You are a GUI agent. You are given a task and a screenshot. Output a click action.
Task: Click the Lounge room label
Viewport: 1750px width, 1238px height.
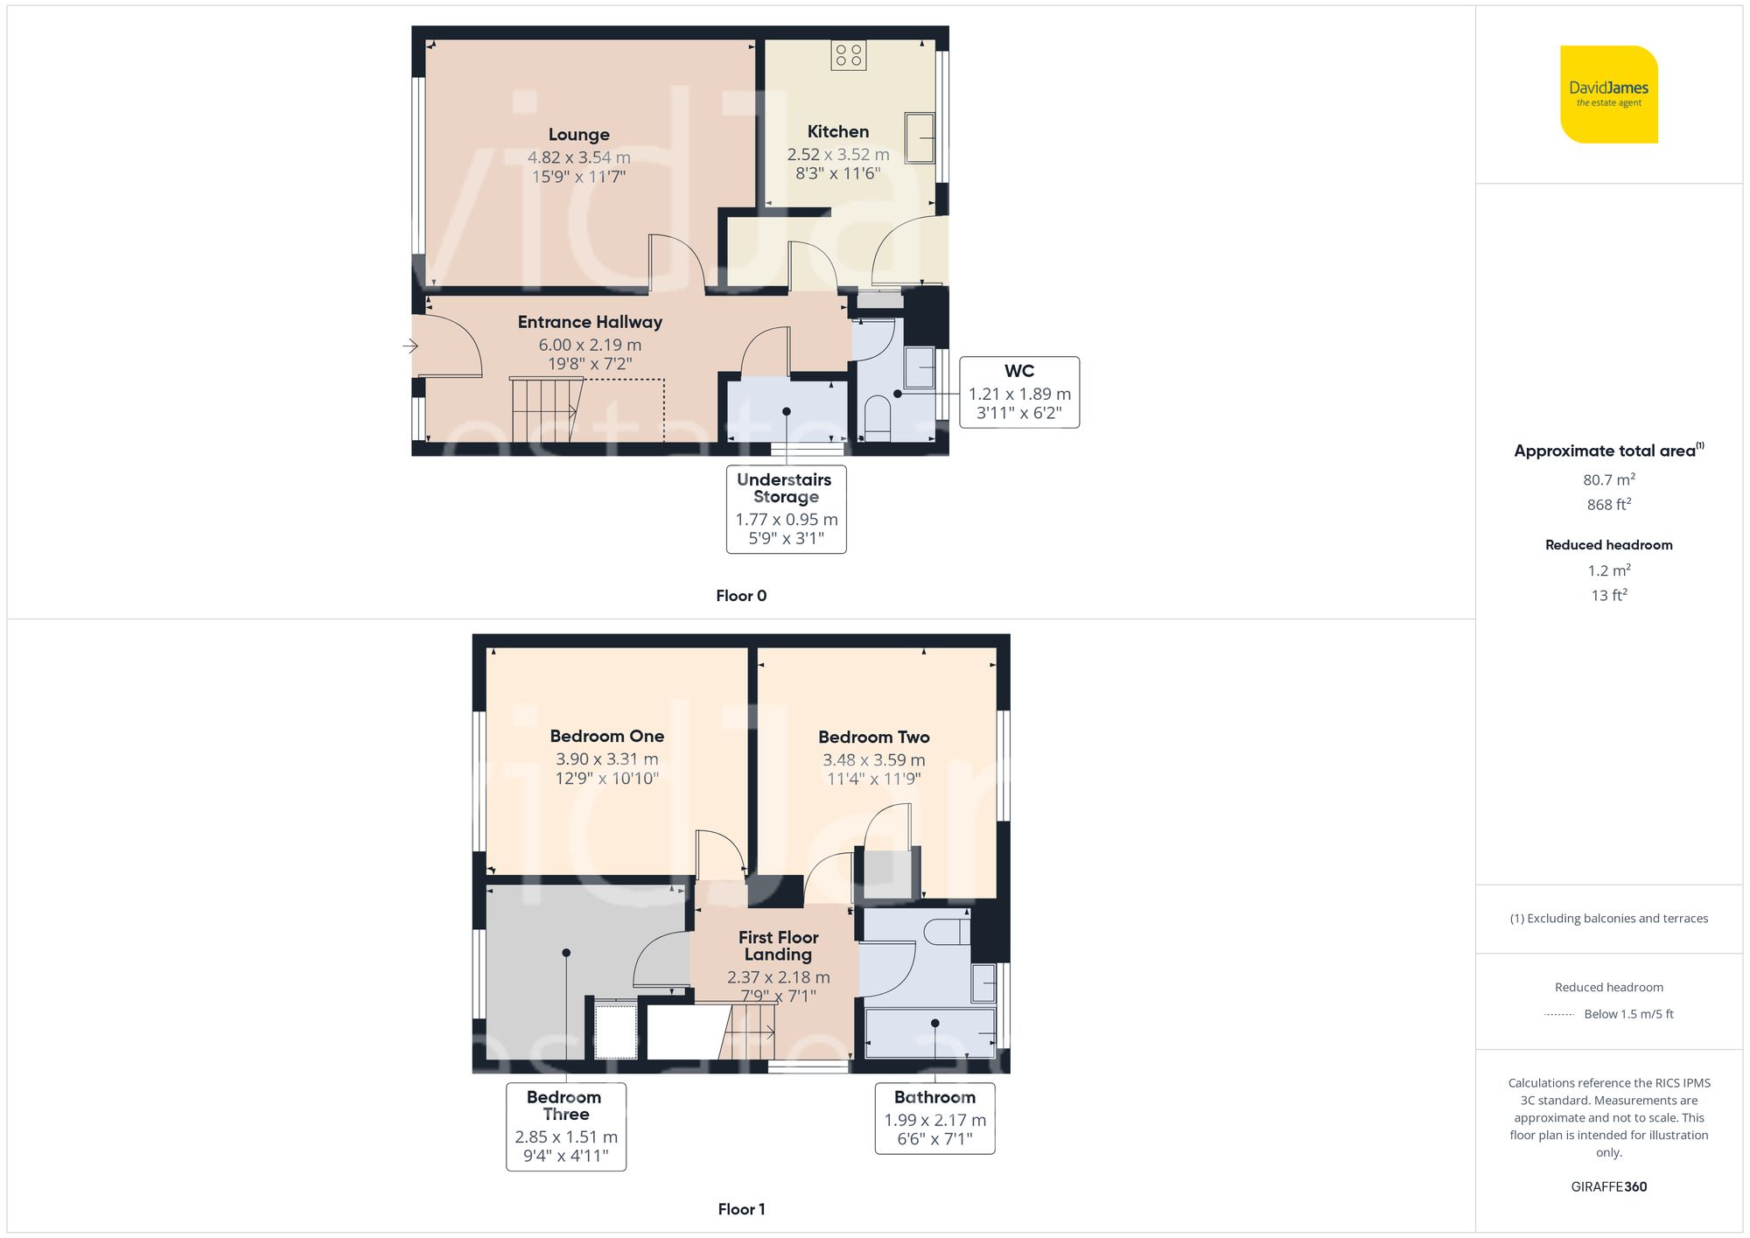coord(578,135)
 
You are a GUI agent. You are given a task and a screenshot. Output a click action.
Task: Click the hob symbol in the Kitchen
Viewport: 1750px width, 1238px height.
coord(848,55)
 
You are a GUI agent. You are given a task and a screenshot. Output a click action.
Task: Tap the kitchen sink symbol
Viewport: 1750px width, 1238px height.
coord(919,137)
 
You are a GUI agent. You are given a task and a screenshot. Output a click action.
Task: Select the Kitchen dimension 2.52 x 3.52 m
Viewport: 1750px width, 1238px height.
coord(837,155)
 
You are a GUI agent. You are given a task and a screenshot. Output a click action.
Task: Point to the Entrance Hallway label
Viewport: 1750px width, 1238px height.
coord(590,322)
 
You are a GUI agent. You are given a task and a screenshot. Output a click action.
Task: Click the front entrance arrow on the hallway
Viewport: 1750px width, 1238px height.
coord(410,346)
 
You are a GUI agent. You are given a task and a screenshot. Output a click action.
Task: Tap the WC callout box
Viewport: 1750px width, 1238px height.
coord(1018,392)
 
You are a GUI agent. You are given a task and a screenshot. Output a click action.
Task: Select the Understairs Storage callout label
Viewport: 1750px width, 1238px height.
coord(785,488)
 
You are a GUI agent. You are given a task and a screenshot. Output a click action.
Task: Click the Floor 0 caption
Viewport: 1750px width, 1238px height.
coord(740,596)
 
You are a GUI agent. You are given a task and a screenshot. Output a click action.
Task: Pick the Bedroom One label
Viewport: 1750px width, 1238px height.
coord(606,737)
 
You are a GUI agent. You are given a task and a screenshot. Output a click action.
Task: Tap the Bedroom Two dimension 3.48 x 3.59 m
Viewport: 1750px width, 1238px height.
coord(873,760)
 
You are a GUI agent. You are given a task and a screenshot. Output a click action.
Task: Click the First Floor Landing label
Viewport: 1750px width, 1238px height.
coord(778,946)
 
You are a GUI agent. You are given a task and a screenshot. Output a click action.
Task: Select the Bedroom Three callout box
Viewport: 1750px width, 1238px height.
coord(565,1126)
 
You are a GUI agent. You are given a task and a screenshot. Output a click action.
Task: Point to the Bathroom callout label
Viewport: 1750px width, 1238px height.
coord(934,1097)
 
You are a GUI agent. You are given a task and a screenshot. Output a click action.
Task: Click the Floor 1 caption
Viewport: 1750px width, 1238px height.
coord(740,1209)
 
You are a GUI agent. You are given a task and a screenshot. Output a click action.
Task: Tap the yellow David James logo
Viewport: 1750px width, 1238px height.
coord(1608,94)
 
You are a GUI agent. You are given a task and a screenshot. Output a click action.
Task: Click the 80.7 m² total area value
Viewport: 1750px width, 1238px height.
coord(1608,479)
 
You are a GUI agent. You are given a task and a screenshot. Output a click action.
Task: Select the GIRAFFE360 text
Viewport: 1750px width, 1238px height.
coord(1608,1187)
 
